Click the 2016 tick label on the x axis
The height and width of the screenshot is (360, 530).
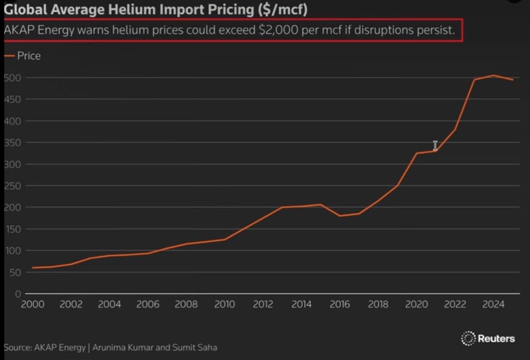pos(340,304)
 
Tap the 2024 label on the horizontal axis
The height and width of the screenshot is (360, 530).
pos(493,304)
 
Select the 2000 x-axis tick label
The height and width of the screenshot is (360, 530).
pos(32,304)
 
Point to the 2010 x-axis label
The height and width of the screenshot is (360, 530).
pos(225,304)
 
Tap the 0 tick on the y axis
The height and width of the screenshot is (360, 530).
pos(18,294)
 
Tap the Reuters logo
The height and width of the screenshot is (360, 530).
pos(488,338)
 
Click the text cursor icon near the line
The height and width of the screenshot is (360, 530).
pos(435,146)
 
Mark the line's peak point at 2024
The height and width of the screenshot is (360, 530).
pos(493,75)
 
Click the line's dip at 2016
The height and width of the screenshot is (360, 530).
pos(340,216)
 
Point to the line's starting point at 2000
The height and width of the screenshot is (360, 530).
pos(32,268)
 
